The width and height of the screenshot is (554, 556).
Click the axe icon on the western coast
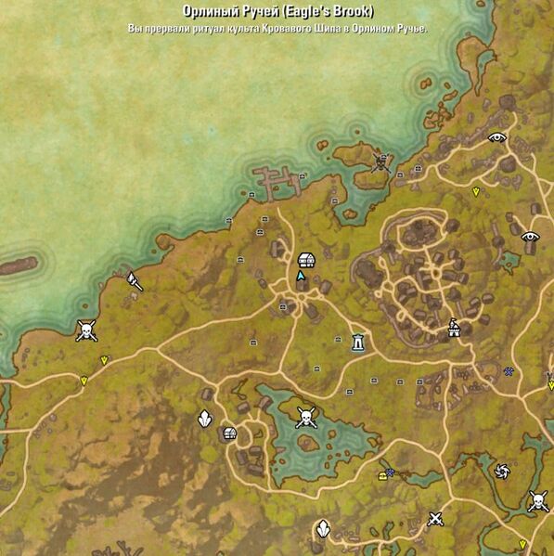tap(135, 279)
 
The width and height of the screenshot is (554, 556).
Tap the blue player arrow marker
tap(301, 276)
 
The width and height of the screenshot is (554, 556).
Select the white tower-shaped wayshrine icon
tap(358, 343)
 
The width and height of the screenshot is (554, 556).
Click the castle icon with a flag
tap(454, 328)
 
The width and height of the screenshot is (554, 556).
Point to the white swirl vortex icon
tap(502, 471)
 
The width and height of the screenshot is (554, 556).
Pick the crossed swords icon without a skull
tap(434, 520)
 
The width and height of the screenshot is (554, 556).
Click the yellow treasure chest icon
tap(381, 475)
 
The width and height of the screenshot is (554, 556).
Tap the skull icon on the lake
tap(305, 418)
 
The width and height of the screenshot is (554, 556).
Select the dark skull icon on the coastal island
tap(380, 162)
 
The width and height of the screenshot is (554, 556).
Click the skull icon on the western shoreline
tap(85, 330)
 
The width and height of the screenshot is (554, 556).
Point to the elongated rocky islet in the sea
tap(19, 265)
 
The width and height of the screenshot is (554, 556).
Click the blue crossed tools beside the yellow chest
tap(392, 472)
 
